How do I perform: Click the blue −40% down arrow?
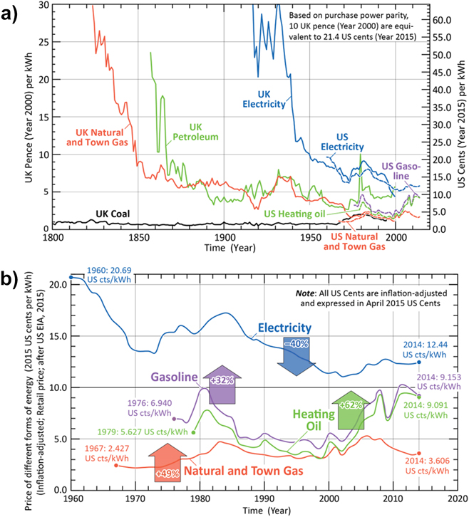click(297, 356)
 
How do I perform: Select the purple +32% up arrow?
click(222, 385)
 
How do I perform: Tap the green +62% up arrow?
click(351, 410)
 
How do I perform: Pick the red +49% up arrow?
click(167, 462)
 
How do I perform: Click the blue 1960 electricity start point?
click(71, 277)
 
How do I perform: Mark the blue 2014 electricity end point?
click(419, 362)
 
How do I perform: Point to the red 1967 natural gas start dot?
click(116, 465)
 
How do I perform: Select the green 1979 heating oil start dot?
click(193, 432)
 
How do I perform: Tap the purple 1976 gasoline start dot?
click(174, 419)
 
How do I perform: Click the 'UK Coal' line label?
click(113, 214)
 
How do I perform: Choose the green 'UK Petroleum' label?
click(196, 132)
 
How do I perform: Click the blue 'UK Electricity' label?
click(264, 99)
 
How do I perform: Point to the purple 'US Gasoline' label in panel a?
click(401, 171)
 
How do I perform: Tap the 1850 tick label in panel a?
click(138, 237)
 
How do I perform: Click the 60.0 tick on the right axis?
click(442, 21)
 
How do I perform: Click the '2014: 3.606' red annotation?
click(428, 461)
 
